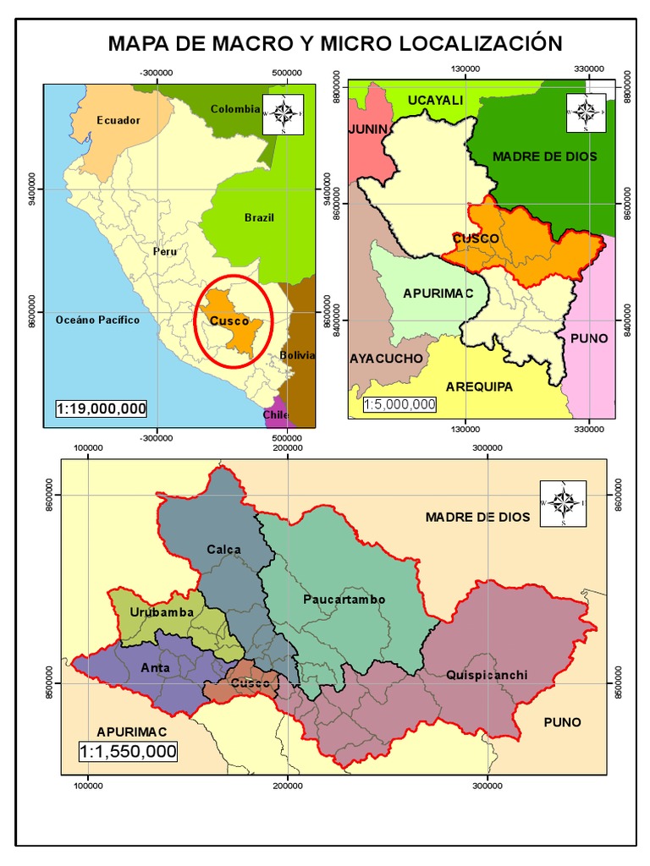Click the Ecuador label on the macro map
pos(118,120)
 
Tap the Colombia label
pos(235,109)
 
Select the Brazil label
pos(259,217)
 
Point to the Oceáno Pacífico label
pos(97,320)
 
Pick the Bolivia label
pos(297,355)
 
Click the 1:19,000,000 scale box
pos(101,409)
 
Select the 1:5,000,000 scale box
pos(399,404)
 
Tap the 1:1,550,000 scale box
pos(128,751)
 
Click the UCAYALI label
pos(435,100)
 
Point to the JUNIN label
pos(368,129)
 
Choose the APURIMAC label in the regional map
pos(432,293)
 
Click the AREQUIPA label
pos(480,386)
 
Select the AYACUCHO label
pos(386,359)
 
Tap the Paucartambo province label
pos(344,600)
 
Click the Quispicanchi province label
pos(487,675)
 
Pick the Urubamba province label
pos(162,612)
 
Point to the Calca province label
pos(223,549)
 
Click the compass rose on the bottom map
pos(561,504)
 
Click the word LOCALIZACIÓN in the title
pos(467,43)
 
